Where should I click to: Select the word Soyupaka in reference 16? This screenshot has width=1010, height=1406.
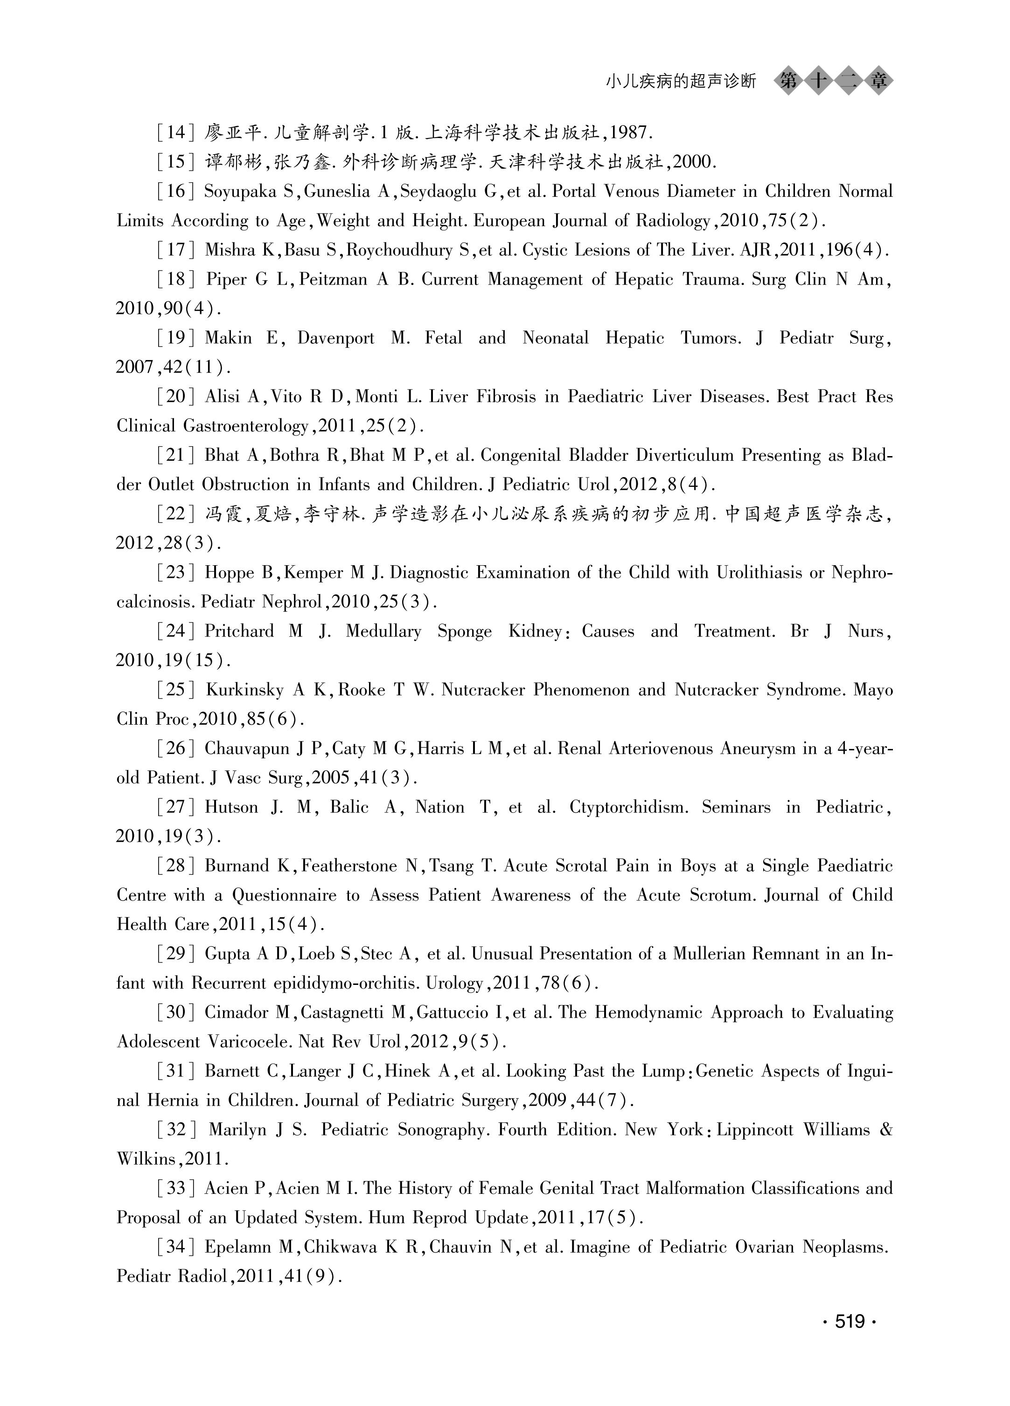[240, 192]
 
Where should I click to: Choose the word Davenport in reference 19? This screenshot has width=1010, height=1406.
[335, 338]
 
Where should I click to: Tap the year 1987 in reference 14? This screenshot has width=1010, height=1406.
[631, 132]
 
